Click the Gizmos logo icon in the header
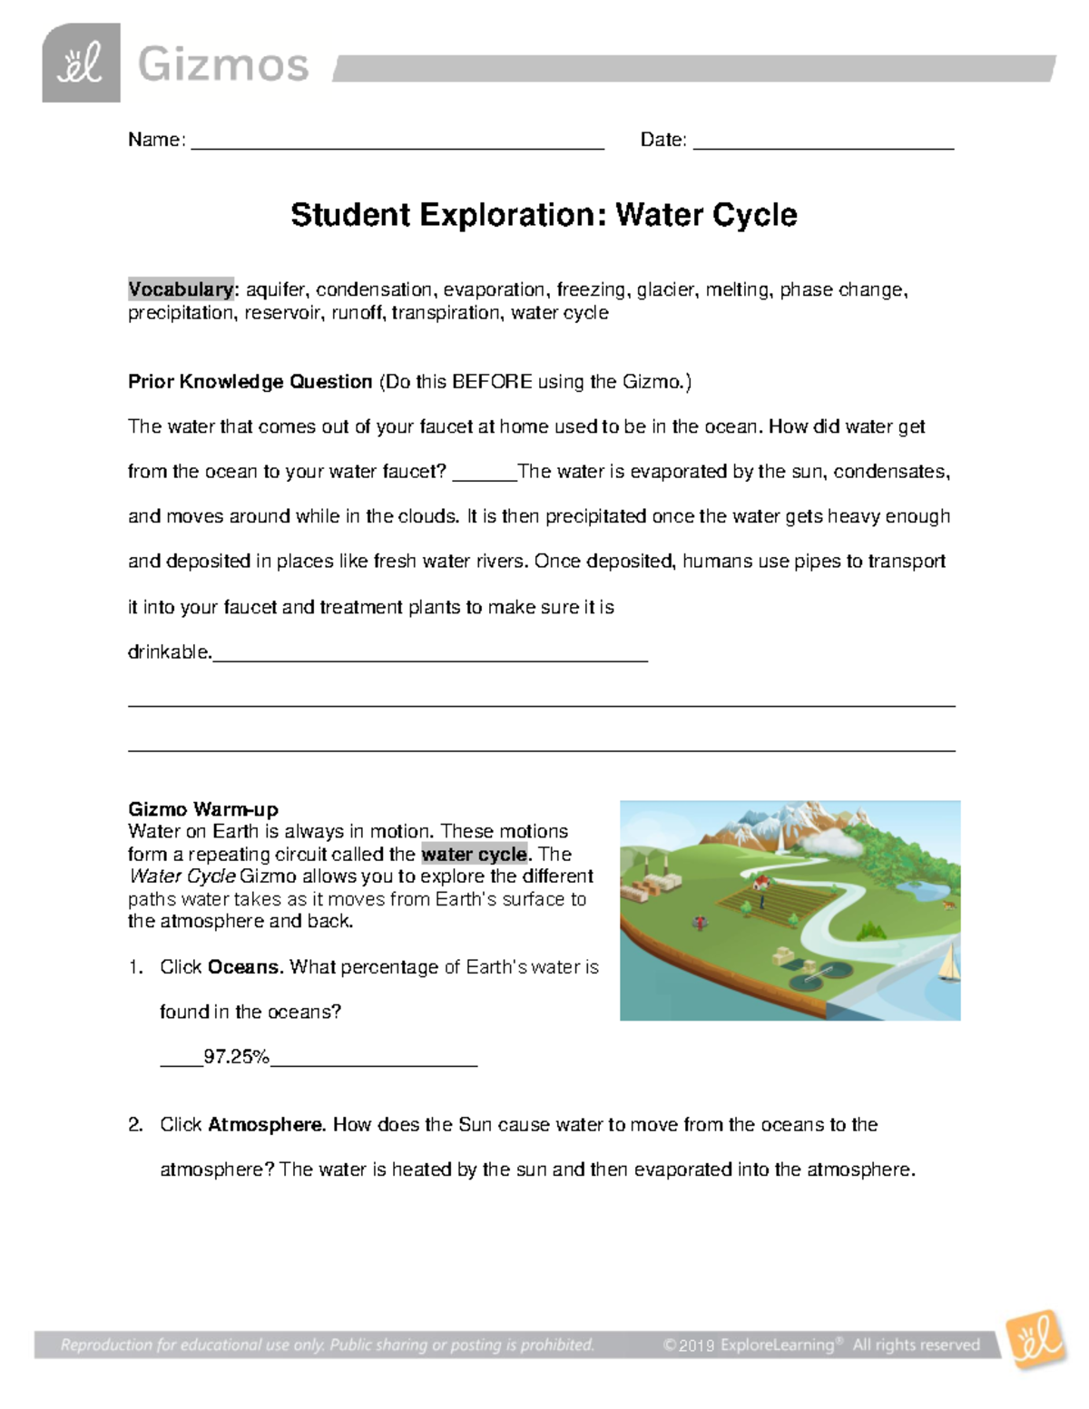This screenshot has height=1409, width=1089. coord(81,64)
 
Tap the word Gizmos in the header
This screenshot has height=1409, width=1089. coord(223,65)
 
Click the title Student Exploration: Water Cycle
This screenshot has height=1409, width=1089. coord(544,215)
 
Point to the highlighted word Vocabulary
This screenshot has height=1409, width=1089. coord(181,289)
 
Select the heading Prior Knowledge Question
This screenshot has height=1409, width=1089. coord(250,382)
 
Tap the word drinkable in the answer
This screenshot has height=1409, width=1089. coord(169,652)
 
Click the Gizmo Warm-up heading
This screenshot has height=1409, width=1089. coord(203,809)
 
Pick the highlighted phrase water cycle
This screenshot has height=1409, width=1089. coord(474,855)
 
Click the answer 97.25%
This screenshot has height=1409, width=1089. coord(236,1057)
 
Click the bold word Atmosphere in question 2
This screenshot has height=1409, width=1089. coord(266,1125)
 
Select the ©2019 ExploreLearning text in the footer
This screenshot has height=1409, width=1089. coord(748,1345)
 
